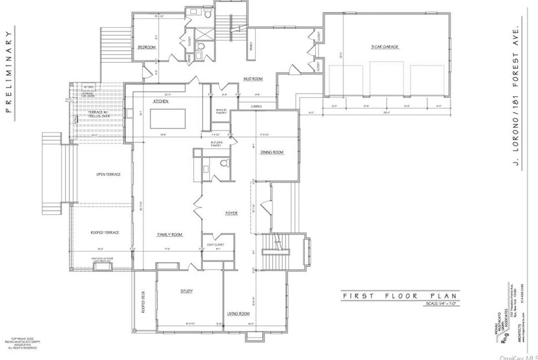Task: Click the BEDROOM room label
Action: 146,47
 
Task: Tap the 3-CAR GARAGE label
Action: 385,47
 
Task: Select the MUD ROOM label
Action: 253,79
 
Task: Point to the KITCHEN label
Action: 160,101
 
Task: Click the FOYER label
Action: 232,213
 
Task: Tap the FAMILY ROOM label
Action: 169,234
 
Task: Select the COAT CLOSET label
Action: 217,245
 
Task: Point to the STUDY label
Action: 186,291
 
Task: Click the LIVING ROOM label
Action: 238,314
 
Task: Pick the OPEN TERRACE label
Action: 108,174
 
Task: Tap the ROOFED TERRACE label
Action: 104,232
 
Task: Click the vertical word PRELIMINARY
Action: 9,71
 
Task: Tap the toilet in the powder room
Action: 225,163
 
